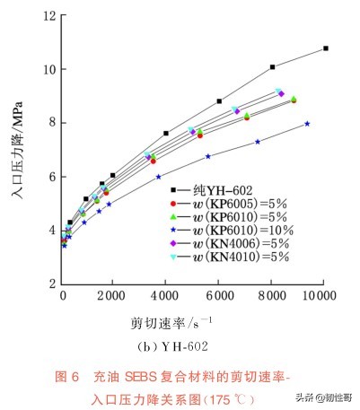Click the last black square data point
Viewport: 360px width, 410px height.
click(x=325, y=48)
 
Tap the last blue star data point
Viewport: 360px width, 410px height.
click(x=307, y=124)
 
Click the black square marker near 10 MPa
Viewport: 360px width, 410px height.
click(x=272, y=67)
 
